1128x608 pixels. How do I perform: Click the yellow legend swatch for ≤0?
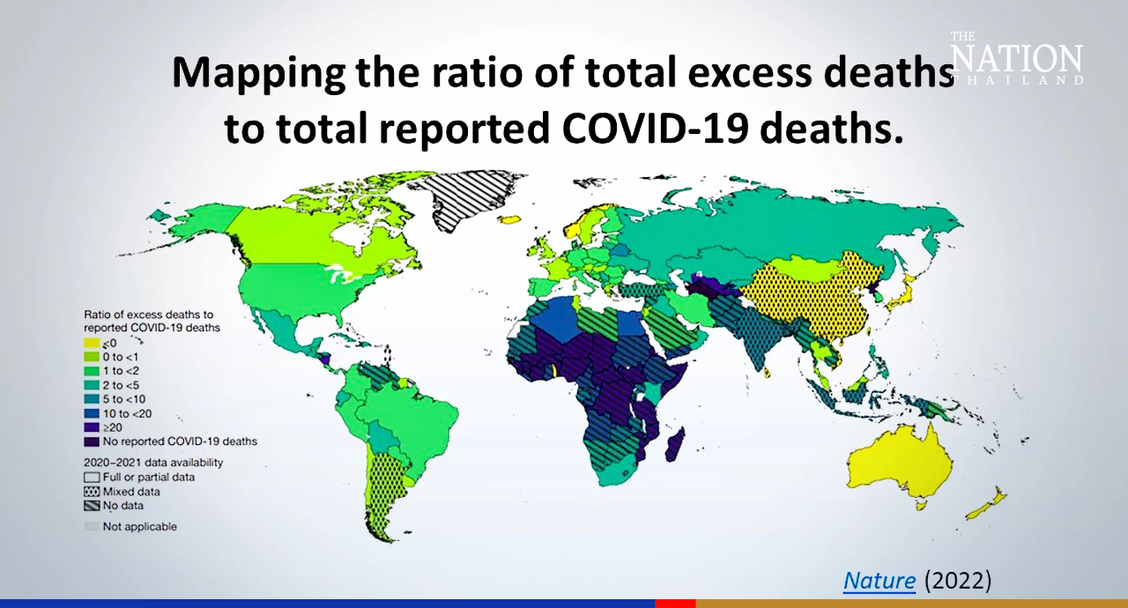click(92, 343)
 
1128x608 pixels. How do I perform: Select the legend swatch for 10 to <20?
click(92, 412)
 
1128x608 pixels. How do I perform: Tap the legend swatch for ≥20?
click(92, 426)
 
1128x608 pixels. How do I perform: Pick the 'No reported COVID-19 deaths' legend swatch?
click(92, 441)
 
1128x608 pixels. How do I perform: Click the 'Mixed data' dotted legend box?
click(92, 492)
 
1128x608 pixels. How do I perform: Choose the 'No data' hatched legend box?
click(92, 506)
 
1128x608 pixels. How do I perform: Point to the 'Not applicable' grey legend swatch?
click(92, 527)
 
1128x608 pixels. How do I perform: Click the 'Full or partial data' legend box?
click(92, 478)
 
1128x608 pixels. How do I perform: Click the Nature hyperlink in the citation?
click(879, 581)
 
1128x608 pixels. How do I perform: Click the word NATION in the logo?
click(1017, 59)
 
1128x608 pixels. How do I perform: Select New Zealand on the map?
click(988, 504)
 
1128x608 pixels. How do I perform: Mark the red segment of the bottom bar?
click(675, 604)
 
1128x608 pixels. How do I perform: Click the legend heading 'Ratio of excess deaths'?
click(148, 315)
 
